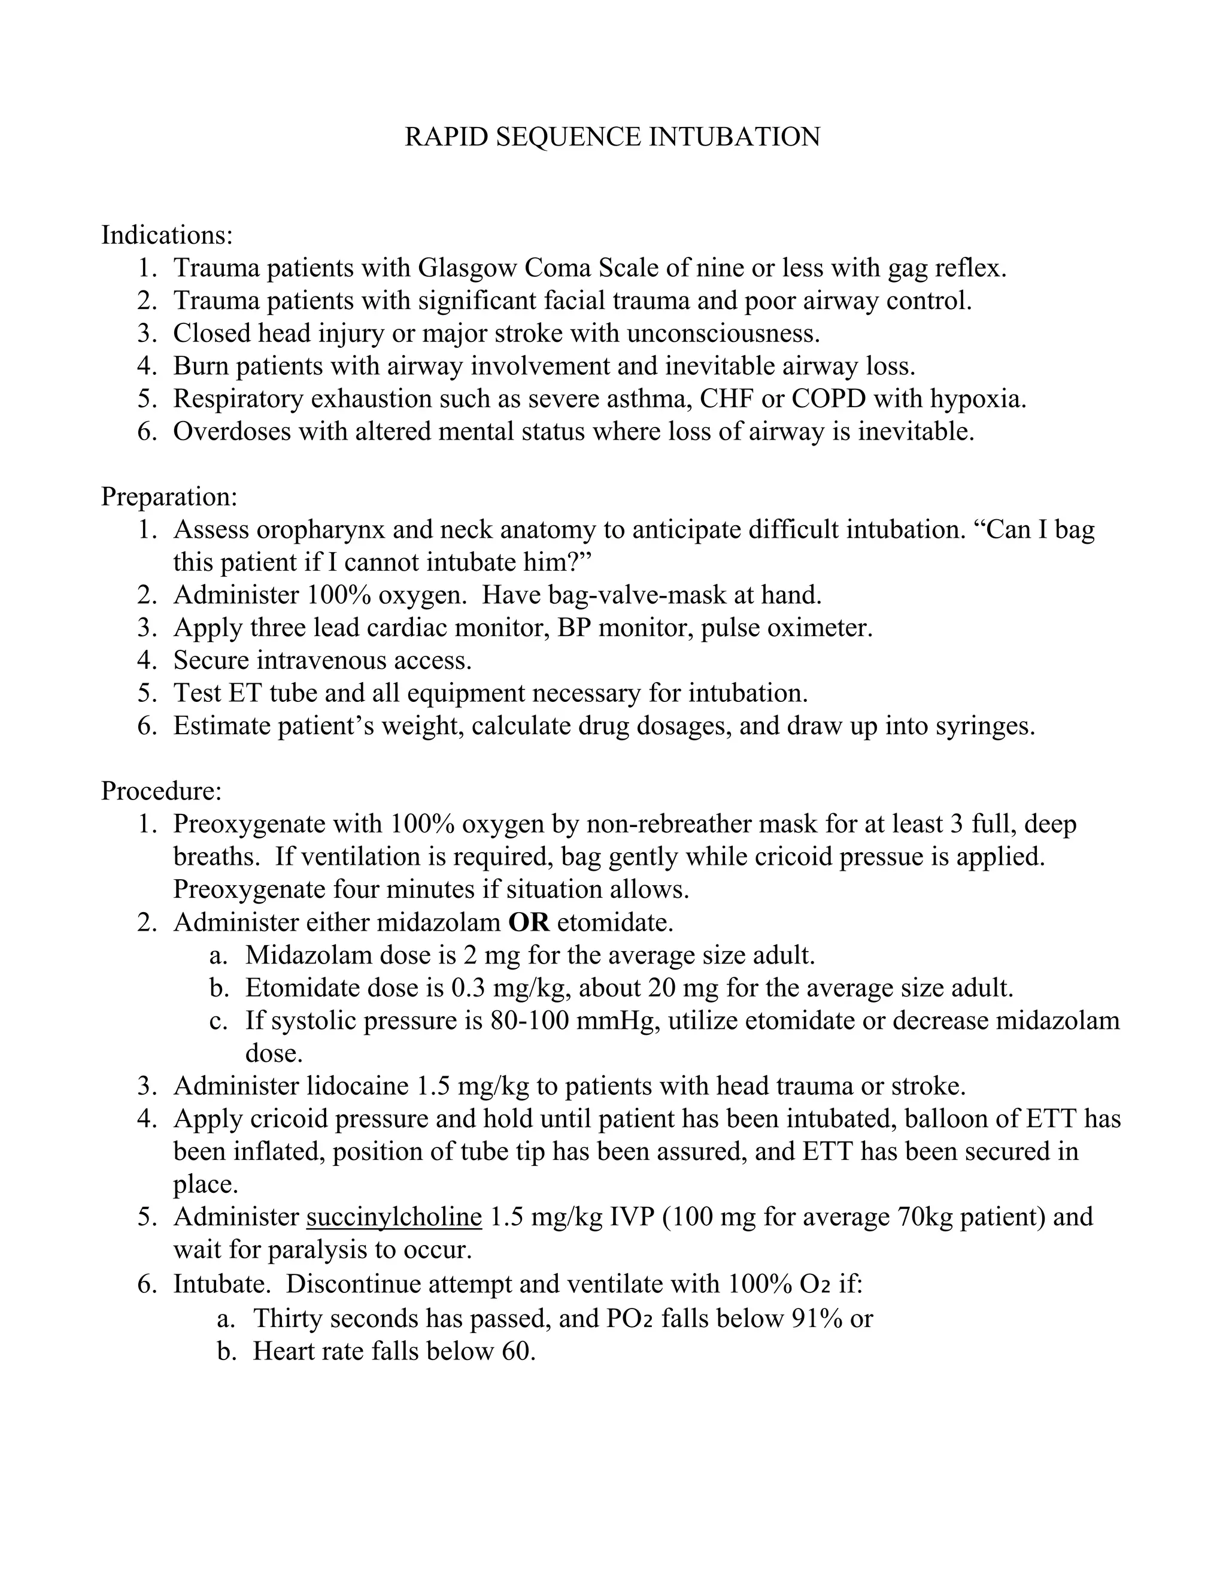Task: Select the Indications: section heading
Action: [166, 235]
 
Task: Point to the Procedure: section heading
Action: [161, 790]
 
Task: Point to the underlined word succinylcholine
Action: [394, 1216]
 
